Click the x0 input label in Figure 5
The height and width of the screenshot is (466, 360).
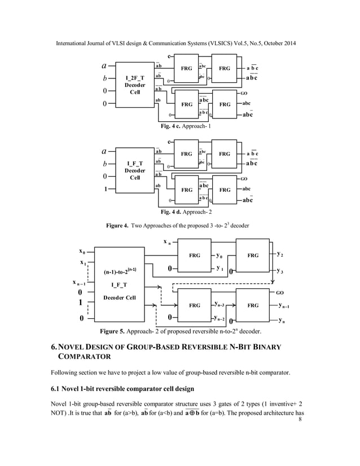pos(83,252)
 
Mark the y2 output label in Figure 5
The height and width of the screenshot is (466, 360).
pos(280,254)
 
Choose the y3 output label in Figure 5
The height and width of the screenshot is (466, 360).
pos(280,271)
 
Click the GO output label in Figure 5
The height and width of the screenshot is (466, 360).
pos(280,292)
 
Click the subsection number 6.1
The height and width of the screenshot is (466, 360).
pos(56,389)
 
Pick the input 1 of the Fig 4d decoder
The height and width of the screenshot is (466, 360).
pos(105,190)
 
